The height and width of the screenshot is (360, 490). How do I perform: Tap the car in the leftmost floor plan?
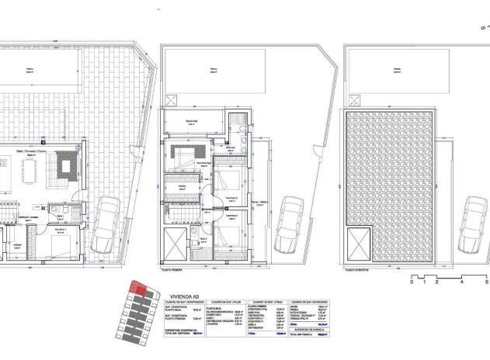pyautogui.click(x=107, y=225)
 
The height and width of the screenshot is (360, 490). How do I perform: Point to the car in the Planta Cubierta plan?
pyautogui.click(x=474, y=224)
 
